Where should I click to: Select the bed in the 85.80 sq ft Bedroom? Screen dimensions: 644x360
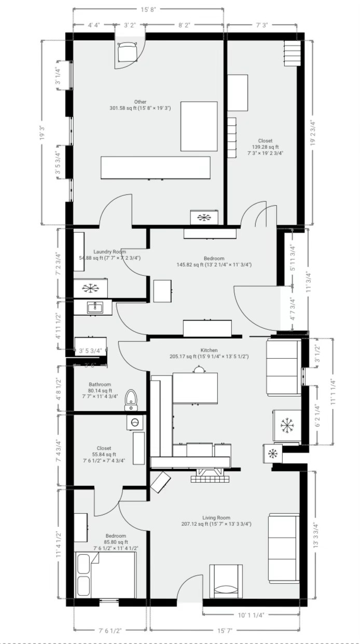tap(106, 575)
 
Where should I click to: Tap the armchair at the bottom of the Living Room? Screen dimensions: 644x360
tap(226, 581)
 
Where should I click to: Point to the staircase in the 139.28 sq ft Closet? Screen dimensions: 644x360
tap(292, 53)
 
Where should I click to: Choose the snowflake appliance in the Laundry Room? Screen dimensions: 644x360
tap(91, 288)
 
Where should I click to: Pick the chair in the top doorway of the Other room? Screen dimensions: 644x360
tap(127, 52)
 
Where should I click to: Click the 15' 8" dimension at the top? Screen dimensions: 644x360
tap(148, 9)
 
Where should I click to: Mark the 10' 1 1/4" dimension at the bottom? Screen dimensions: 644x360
tap(251, 615)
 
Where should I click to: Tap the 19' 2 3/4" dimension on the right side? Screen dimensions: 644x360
tap(313, 133)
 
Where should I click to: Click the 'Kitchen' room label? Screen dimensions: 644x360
tap(209, 351)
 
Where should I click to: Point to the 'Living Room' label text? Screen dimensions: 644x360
tap(216, 517)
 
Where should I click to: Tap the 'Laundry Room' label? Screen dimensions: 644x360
tap(109, 251)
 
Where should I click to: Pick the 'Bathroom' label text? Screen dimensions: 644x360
tap(100, 385)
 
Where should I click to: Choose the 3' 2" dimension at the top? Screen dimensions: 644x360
tap(130, 25)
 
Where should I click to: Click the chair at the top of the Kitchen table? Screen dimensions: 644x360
tap(198, 369)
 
